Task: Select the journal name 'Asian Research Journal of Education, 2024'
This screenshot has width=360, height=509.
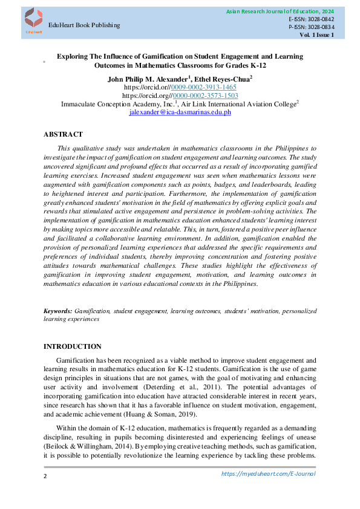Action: coord(280,11)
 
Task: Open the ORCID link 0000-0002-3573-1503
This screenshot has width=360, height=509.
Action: coord(205,96)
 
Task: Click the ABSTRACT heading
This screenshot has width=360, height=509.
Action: coord(63,134)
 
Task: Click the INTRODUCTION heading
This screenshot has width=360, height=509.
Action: coord(73,346)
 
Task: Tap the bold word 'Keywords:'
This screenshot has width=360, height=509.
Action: coord(58,310)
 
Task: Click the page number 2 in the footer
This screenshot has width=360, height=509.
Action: coord(45,477)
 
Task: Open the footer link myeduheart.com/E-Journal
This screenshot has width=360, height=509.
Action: coord(268,473)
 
